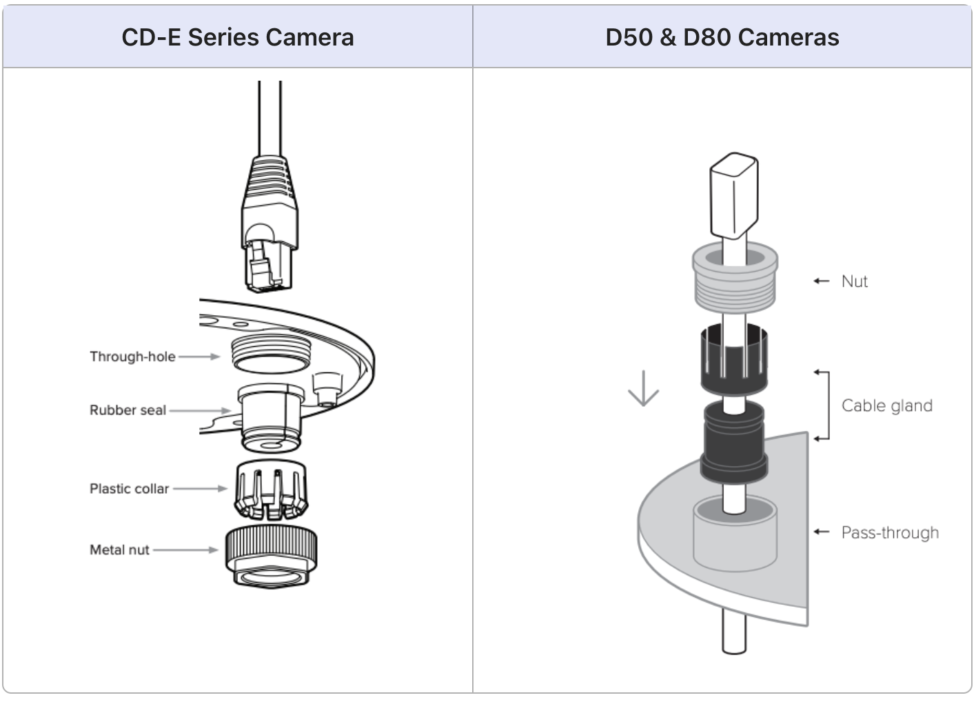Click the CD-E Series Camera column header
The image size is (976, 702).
click(x=238, y=37)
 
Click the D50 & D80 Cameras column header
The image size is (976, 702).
click(x=722, y=37)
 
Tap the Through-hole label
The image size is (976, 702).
click(x=132, y=357)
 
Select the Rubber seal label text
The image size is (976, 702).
click(x=128, y=410)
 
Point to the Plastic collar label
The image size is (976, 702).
click(x=129, y=489)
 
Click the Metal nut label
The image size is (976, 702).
click(x=119, y=550)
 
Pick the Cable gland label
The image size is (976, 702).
click(x=886, y=405)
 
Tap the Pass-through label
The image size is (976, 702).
click(x=890, y=533)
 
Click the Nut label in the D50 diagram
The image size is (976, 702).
click(x=855, y=281)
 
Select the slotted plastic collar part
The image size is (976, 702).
click(x=271, y=489)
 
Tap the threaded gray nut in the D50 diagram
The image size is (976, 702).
click(x=735, y=279)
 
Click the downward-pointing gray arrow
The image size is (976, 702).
click(x=644, y=388)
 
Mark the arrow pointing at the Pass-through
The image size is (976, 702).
click(x=820, y=532)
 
